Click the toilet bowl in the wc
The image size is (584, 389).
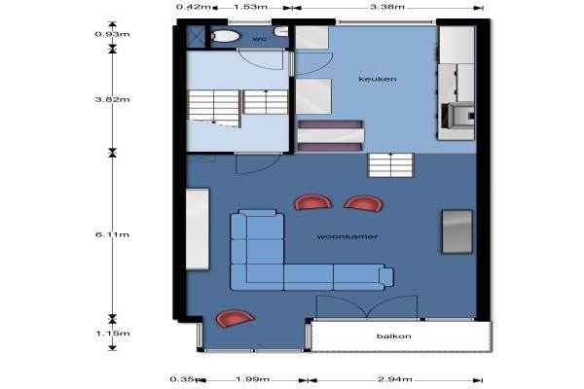(x=225, y=36)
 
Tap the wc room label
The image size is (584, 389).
(x=259, y=39)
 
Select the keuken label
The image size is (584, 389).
(x=378, y=79)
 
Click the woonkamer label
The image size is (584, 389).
(x=347, y=236)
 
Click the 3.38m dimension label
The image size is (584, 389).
(x=387, y=7)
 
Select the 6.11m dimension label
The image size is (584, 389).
(x=112, y=234)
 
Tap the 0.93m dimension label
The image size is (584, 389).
(x=112, y=34)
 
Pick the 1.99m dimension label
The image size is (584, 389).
(x=252, y=379)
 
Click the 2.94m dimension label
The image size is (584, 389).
(x=395, y=379)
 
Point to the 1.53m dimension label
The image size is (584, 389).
(x=250, y=7)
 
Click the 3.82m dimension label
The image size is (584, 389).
(x=112, y=99)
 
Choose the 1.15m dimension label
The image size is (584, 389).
(x=113, y=334)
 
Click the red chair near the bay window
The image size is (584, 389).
(x=235, y=318)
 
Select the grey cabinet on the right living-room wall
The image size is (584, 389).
(x=457, y=231)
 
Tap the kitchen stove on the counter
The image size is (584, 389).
(x=457, y=116)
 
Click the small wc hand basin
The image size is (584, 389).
(x=281, y=32)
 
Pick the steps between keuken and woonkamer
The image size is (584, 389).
(x=390, y=165)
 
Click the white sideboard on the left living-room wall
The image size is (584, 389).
(x=198, y=229)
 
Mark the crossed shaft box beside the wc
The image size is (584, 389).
(x=196, y=37)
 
